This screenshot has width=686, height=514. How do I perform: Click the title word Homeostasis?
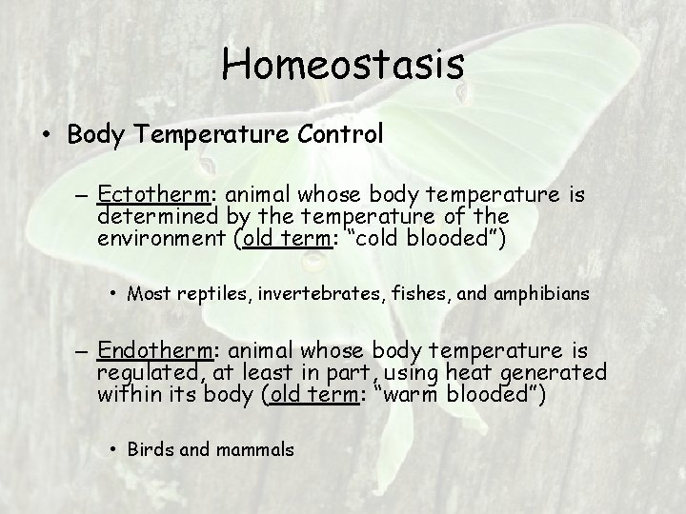pyautogui.click(x=343, y=65)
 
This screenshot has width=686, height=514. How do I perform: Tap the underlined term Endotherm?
pyautogui.click(x=154, y=352)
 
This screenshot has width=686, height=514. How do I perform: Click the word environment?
pyautogui.click(x=161, y=238)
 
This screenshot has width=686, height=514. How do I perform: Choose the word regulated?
pyautogui.click(x=151, y=374)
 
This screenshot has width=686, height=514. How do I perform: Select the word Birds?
pyautogui.click(x=149, y=449)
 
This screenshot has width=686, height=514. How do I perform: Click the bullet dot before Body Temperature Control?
pyautogui.click(x=47, y=135)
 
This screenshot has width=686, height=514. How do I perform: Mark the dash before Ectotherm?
pyautogui.click(x=82, y=197)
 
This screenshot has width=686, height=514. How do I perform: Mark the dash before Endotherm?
pyautogui.click(x=82, y=354)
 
